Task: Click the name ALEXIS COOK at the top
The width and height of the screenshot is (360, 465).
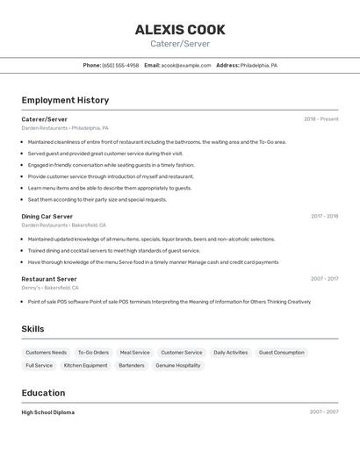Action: [x=180, y=30]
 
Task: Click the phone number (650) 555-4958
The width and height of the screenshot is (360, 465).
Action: [x=120, y=65]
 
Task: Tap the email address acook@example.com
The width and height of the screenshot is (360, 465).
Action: [x=186, y=65]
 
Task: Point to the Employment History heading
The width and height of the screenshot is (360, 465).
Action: [x=65, y=100]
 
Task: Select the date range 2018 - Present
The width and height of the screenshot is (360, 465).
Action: [x=320, y=119]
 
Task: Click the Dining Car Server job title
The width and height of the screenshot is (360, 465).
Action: [x=47, y=216]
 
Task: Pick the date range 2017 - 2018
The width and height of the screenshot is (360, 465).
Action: [x=324, y=216]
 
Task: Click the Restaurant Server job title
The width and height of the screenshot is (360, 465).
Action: [x=49, y=279]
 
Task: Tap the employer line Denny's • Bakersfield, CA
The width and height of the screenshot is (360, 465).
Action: [x=50, y=288]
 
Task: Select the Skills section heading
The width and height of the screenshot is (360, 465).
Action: [x=33, y=329]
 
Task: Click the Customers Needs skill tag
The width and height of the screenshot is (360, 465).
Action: [x=47, y=353]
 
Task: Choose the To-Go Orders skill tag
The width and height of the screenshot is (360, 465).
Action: [x=93, y=353]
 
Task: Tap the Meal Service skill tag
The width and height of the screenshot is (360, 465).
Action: [x=135, y=353]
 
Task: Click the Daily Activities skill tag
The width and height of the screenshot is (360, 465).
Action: [x=231, y=353]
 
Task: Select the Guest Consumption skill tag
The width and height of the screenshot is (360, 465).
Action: [x=282, y=353]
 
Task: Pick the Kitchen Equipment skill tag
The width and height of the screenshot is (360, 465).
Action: [x=86, y=365]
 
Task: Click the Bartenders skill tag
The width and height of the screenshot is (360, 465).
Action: [x=132, y=365]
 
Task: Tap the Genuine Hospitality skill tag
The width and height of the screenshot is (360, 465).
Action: [x=178, y=365]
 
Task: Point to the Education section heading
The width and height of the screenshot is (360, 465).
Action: [x=43, y=393]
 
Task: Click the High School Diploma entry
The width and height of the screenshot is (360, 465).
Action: [x=48, y=412]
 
